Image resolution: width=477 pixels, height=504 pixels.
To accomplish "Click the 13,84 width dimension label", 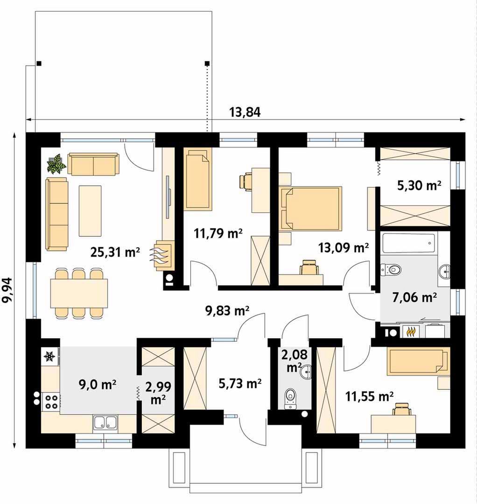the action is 245,112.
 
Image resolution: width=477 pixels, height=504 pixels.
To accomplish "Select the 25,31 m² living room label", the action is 115,252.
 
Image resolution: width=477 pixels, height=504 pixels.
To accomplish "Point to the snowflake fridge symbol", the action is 49,356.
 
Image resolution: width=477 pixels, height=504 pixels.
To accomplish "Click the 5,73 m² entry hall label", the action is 240,383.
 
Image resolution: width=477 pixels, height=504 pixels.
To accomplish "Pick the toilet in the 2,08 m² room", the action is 290,399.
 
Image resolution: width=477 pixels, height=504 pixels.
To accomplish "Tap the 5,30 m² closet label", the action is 419,185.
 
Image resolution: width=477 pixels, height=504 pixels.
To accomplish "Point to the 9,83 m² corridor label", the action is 227,310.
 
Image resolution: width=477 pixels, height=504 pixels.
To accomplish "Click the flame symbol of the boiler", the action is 411,331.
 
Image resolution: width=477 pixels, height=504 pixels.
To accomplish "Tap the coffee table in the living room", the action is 90,211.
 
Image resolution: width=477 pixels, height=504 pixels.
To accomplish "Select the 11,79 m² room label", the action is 218,233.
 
